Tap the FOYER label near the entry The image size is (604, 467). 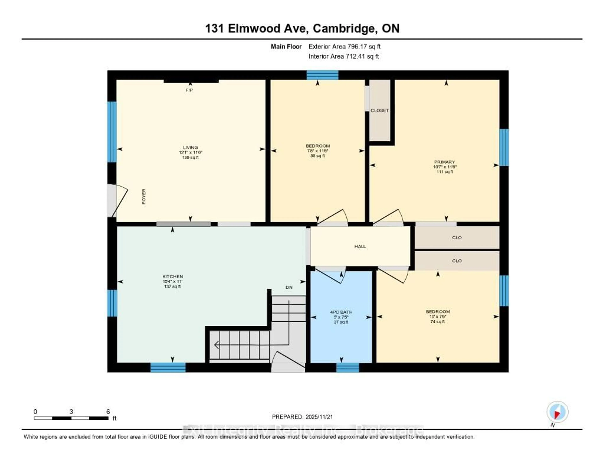click(144, 196)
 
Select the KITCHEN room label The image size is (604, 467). click(173, 276)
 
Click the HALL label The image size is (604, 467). click(360, 246)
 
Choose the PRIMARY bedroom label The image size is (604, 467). click(444, 162)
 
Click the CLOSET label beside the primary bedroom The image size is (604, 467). click(379, 111)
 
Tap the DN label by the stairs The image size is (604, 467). click(289, 287)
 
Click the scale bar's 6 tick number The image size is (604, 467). click(108, 412)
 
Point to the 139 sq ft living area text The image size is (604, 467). click(190, 157)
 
